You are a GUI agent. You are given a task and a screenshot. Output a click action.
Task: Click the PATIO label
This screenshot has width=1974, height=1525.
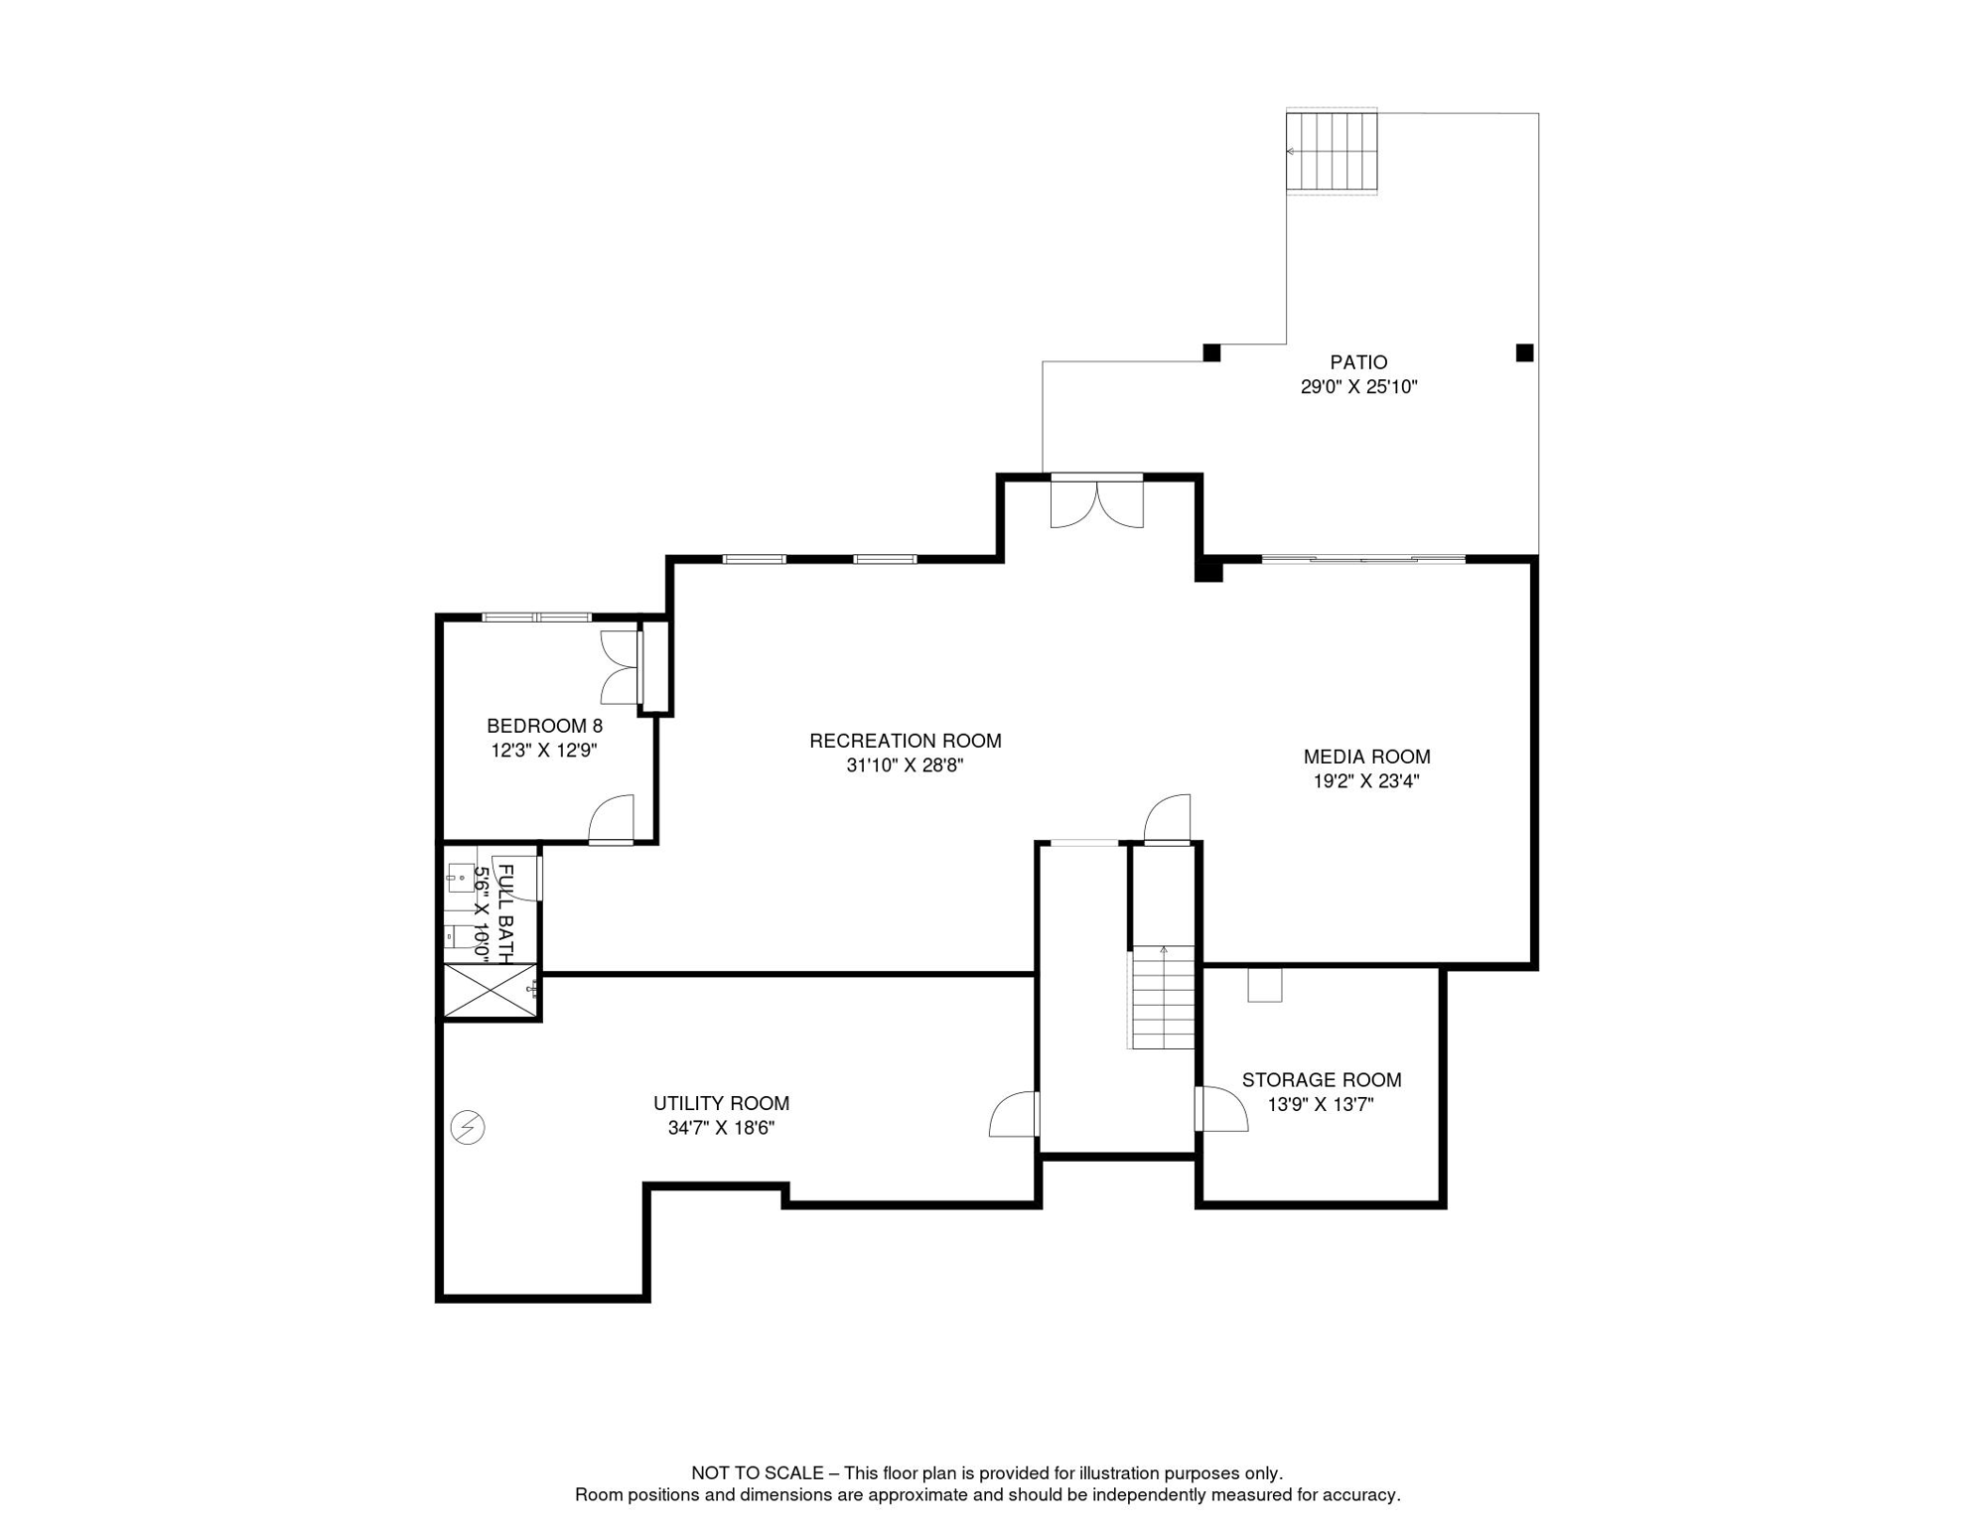pyautogui.click(x=1357, y=362)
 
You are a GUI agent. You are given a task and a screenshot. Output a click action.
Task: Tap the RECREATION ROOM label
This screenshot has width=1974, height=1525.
pyautogui.click(x=905, y=741)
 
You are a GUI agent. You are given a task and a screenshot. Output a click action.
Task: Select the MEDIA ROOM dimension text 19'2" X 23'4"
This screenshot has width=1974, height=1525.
pyautogui.click(x=1365, y=781)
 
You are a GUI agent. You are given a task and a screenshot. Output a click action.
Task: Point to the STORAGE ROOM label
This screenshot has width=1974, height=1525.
pyautogui.click(x=1321, y=1080)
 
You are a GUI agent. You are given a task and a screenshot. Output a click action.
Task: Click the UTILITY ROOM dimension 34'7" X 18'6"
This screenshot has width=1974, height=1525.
pyautogui.click(x=721, y=1128)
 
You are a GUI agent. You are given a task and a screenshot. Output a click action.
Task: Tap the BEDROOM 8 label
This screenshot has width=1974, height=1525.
pyautogui.click(x=544, y=726)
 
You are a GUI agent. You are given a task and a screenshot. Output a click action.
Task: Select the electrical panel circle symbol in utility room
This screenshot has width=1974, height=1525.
pyautogui.click(x=468, y=1128)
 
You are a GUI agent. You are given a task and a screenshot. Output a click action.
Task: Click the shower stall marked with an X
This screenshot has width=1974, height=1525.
pyautogui.click(x=491, y=990)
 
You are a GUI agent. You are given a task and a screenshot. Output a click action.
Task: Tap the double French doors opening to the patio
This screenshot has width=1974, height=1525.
pyautogui.click(x=1096, y=502)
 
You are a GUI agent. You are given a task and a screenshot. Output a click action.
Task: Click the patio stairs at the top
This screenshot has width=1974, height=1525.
pyautogui.click(x=1332, y=151)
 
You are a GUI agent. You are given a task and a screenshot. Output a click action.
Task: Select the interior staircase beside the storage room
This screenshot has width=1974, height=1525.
pyautogui.click(x=1163, y=997)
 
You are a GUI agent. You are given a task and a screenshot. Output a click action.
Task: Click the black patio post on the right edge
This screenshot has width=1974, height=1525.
pyautogui.click(x=1524, y=352)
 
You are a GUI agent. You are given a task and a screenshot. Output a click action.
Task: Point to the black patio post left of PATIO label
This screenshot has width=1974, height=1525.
pyautogui.click(x=1211, y=352)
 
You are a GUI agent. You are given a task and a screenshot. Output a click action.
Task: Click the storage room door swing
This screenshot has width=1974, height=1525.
pyautogui.click(x=1221, y=1108)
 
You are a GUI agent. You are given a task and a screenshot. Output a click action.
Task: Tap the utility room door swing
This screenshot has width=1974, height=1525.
pyautogui.click(x=1014, y=1114)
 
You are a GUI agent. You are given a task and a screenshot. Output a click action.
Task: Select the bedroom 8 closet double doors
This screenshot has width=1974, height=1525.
pyautogui.click(x=621, y=667)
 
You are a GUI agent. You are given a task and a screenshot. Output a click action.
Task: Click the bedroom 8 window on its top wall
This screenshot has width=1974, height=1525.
pyautogui.click(x=537, y=618)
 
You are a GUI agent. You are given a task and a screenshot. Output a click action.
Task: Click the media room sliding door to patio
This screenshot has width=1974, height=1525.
pyautogui.click(x=1363, y=560)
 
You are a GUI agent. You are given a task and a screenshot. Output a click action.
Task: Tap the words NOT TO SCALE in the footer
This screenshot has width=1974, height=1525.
pyautogui.click(x=757, y=1473)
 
